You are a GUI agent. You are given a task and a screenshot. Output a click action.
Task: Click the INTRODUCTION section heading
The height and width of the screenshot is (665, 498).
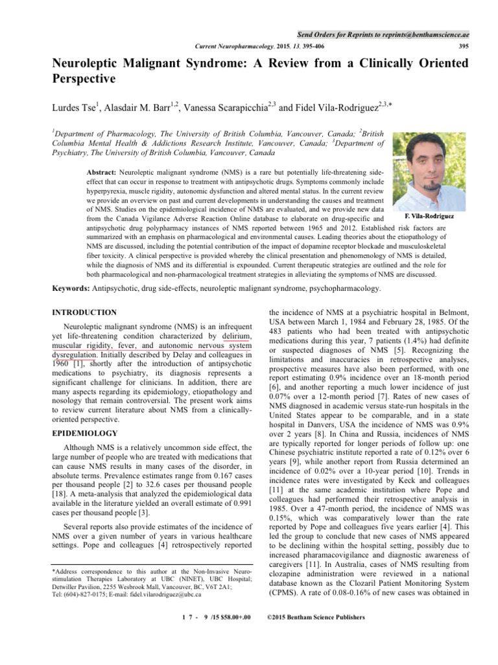pyautogui.click(x=84, y=312)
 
